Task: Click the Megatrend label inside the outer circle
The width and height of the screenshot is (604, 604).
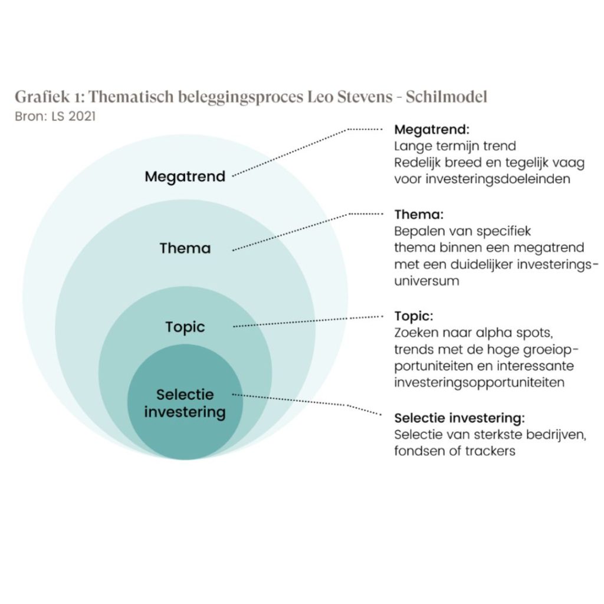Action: [185, 176]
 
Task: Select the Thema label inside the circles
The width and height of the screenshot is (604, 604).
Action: [185, 248]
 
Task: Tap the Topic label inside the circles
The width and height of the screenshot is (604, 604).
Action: [185, 327]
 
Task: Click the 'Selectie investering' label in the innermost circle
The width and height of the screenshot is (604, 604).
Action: [185, 403]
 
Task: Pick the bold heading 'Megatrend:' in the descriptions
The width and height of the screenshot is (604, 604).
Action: [431, 129]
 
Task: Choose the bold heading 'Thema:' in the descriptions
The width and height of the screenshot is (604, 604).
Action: [418, 214]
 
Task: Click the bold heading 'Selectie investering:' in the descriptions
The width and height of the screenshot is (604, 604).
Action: [459, 418]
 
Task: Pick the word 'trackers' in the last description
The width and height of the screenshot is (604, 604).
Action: [491, 451]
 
